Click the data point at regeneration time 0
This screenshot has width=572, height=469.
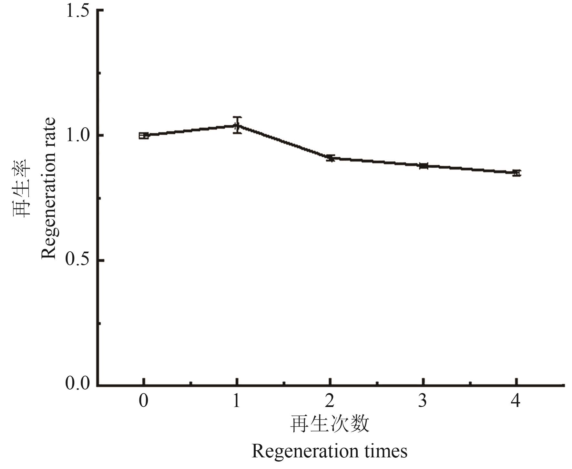pyautogui.click(x=144, y=135)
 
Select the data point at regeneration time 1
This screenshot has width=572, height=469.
pyautogui.click(x=237, y=126)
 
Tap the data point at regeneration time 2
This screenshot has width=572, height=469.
pyautogui.click(x=330, y=158)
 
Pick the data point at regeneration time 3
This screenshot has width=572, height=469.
pyautogui.click(x=423, y=166)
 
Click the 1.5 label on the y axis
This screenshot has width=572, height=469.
pyautogui.click(x=78, y=11)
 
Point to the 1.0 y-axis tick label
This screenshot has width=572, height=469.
pyautogui.click(x=78, y=136)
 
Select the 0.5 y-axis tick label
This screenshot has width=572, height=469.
pyautogui.click(x=78, y=260)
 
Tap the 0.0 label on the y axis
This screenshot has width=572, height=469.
pyautogui.click(x=78, y=383)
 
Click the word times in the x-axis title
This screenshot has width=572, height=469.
pyautogui.click(x=386, y=451)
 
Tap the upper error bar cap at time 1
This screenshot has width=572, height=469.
pyautogui.click(x=237, y=117)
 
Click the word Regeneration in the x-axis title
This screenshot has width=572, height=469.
pyautogui.click(x=304, y=452)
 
